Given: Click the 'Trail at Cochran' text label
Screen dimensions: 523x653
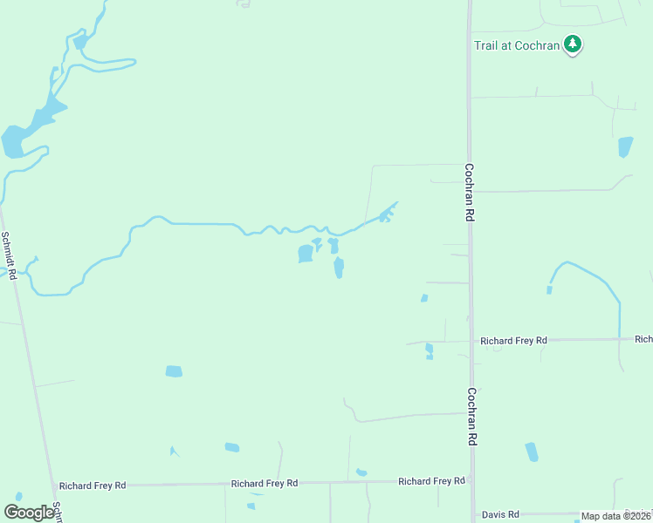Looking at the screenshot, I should click(x=516, y=45).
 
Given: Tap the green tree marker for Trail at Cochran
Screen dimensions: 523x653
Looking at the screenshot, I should click(x=573, y=43).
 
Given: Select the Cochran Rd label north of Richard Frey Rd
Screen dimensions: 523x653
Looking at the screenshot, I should click(x=470, y=193).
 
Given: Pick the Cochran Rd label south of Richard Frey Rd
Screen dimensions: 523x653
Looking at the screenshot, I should click(x=471, y=417).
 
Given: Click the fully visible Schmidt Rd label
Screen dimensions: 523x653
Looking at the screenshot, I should click(x=10, y=255).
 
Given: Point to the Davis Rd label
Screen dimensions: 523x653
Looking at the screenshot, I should click(x=501, y=514).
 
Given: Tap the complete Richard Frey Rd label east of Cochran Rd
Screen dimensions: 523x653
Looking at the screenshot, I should click(x=513, y=340).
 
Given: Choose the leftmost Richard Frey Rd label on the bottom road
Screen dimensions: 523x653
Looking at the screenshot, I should click(x=93, y=485).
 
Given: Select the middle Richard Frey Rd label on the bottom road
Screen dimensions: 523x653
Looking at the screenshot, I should click(x=265, y=483).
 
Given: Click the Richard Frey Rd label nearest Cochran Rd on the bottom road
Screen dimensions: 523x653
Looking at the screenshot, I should click(x=431, y=481).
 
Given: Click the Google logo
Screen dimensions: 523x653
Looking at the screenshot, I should click(x=30, y=513).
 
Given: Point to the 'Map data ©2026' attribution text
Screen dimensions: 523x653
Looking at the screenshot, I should click(x=615, y=516).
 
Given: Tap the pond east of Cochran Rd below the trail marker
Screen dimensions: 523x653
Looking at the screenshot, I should click(x=625, y=146).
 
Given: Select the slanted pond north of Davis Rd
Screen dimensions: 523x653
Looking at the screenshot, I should click(x=532, y=452).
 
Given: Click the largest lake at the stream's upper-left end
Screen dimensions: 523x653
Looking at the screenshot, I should click(x=13, y=141).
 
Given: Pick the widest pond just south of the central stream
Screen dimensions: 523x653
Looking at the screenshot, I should click(x=306, y=254).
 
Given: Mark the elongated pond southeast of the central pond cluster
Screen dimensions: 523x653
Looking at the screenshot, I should click(x=339, y=268).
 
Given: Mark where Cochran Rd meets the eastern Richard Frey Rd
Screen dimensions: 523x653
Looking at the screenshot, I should click(x=471, y=340).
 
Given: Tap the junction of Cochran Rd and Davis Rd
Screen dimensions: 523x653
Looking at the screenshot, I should click(x=473, y=514).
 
